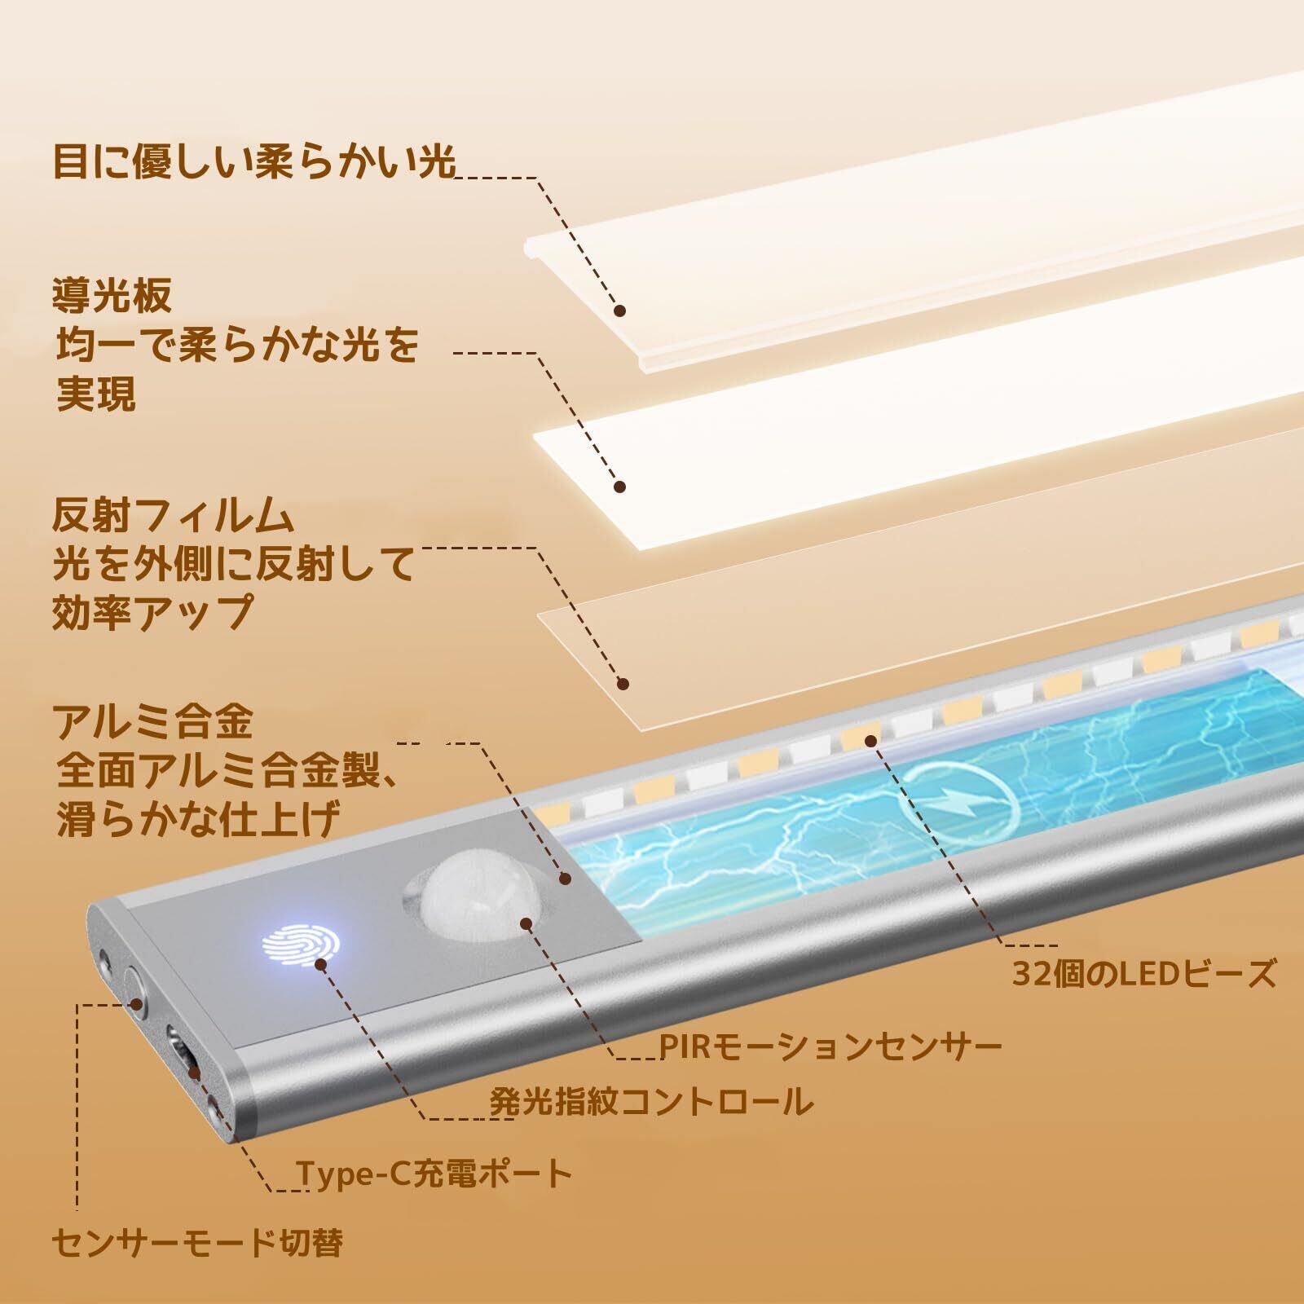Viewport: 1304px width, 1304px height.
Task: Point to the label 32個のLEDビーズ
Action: [1144, 975]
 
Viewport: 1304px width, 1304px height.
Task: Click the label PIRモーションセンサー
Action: [830, 1046]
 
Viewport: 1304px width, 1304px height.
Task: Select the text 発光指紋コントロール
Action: [651, 1103]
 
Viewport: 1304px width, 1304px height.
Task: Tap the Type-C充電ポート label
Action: [434, 1174]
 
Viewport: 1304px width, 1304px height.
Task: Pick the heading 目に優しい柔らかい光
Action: [253, 161]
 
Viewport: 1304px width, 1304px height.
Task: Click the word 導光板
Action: [112, 296]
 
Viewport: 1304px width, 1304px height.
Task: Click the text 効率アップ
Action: [152, 611]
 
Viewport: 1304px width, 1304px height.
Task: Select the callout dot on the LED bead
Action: [871, 740]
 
